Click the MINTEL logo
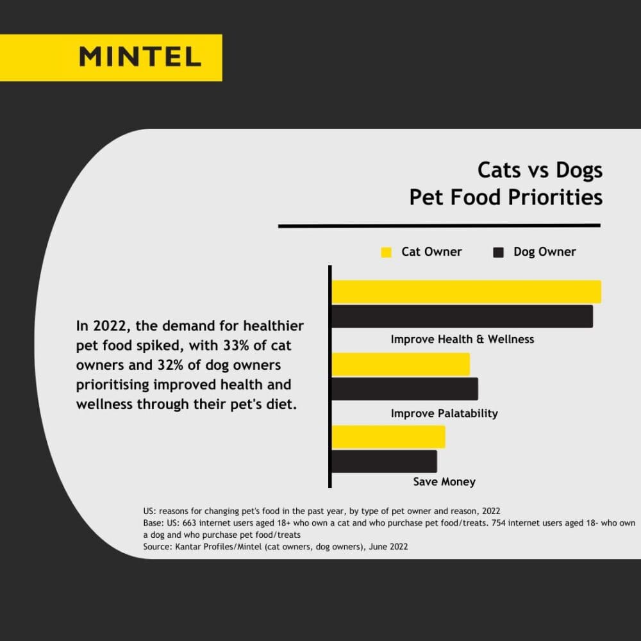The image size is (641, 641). pyautogui.click(x=140, y=57)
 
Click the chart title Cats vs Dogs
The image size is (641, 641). pyautogui.click(x=540, y=170)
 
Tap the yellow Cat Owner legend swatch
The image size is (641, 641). pyautogui.click(x=386, y=253)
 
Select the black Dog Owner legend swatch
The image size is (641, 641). pyautogui.click(x=498, y=253)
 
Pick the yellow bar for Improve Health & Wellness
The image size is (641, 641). pyautogui.click(x=466, y=292)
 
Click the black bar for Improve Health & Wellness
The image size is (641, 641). pyautogui.click(x=462, y=316)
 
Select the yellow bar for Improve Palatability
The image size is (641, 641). pyautogui.click(x=401, y=364)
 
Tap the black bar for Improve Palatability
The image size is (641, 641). pyautogui.click(x=404, y=388)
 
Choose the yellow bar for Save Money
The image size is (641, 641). pyautogui.click(x=388, y=437)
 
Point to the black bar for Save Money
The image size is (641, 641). pyautogui.click(x=384, y=461)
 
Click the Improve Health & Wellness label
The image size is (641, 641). pyautogui.click(x=462, y=339)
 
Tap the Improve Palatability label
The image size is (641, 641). pyautogui.click(x=444, y=413)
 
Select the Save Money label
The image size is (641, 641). pyautogui.click(x=444, y=481)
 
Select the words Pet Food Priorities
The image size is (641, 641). pyautogui.click(x=506, y=197)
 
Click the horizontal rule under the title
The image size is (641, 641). pyautogui.click(x=439, y=226)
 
